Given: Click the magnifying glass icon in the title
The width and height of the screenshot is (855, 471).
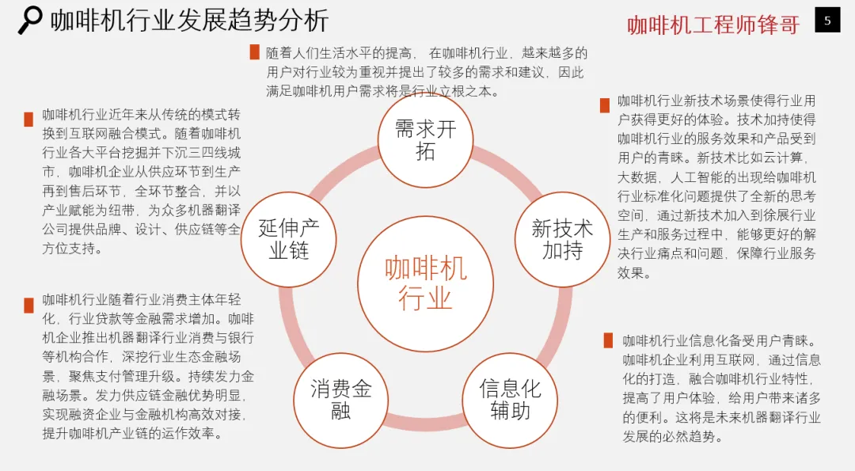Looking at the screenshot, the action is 30,20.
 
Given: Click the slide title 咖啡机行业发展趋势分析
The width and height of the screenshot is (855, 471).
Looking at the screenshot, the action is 189,21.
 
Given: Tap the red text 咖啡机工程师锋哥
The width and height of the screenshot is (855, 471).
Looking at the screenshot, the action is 712,25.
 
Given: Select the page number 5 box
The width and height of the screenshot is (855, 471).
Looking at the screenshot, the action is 827,21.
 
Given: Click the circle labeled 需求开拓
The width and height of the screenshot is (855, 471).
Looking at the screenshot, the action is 425,140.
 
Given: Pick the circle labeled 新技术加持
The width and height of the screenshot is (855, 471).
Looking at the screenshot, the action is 562,239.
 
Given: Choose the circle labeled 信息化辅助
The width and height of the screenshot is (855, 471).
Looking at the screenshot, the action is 510,399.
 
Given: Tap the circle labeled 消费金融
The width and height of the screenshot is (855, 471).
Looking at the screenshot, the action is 340,399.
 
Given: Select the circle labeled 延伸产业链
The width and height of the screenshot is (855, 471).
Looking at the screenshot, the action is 289,239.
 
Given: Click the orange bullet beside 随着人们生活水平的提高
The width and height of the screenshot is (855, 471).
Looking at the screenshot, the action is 254,52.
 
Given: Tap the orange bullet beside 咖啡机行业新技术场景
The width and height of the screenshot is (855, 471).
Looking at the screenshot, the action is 605,104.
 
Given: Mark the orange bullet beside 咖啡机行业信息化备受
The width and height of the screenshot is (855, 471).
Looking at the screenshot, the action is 608,340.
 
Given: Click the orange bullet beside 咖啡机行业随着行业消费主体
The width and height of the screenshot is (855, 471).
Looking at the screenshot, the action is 28,305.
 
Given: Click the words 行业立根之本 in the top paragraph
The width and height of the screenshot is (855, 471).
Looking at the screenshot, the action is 456,91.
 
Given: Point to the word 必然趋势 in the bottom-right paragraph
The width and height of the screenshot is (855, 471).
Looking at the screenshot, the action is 690,436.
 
